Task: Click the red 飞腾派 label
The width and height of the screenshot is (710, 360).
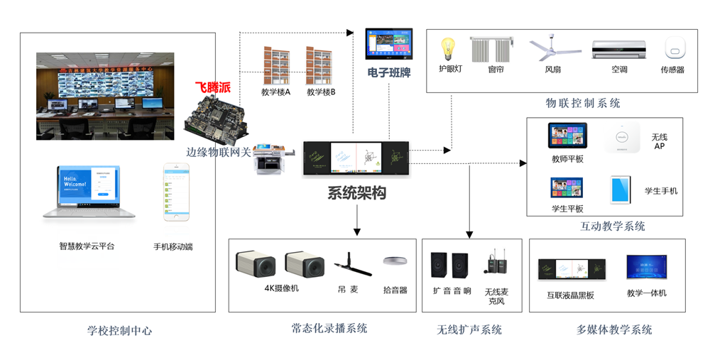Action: tap(213, 88)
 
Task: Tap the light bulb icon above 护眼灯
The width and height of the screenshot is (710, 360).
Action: tap(448, 49)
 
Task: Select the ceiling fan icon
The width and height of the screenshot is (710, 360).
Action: tap(552, 49)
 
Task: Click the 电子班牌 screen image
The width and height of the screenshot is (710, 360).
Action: tap(389, 44)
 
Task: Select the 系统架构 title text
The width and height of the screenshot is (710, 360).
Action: tap(356, 192)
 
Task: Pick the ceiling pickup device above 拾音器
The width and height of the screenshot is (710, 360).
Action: tap(395, 261)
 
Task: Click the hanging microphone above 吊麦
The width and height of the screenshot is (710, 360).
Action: tap(353, 264)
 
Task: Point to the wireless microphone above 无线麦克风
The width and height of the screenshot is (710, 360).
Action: tap(496, 264)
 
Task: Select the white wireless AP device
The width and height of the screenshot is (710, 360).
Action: tap(622, 137)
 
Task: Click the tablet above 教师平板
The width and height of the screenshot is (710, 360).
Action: tap(567, 136)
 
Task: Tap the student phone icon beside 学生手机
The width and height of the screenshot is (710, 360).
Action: tap(621, 190)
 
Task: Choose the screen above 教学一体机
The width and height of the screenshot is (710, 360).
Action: tap(646, 268)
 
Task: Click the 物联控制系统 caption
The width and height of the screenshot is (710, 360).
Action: tap(582, 103)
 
